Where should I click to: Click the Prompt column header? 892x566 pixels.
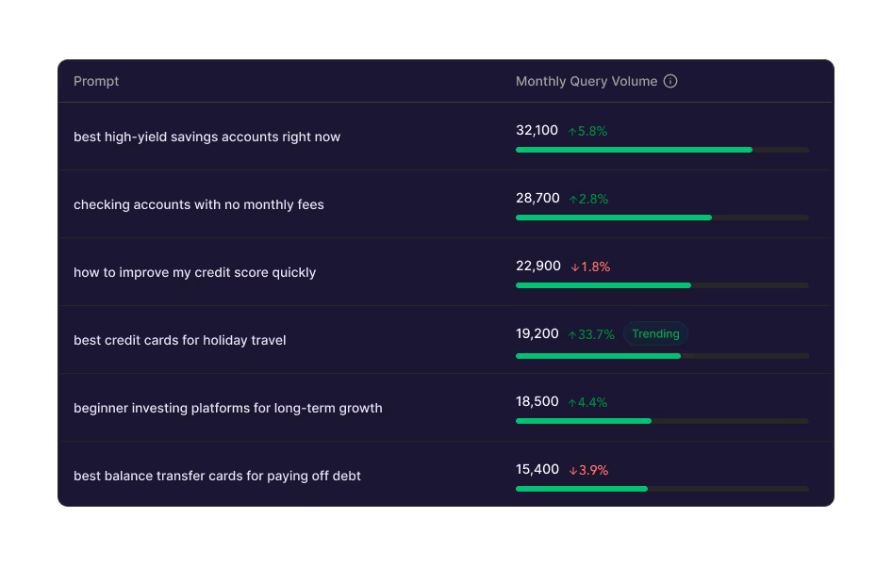(96, 81)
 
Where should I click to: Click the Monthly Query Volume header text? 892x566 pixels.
(586, 81)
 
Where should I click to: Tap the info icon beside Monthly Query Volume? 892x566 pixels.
(670, 81)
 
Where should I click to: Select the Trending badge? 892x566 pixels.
(655, 333)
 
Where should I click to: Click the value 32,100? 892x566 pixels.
(537, 131)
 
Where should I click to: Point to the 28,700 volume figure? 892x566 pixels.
(537, 199)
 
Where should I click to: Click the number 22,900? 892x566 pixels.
(537, 267)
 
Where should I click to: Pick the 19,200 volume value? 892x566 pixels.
(537, 334)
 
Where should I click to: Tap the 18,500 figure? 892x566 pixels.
(537, 402)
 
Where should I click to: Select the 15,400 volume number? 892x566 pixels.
(537, 470)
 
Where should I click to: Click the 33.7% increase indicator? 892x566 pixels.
(591, 334)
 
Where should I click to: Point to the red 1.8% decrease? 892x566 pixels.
(590, 267)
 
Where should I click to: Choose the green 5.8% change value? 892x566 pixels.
(587, 131)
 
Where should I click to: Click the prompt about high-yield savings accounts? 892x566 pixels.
(206, 137)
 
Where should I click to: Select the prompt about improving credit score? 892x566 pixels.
(194, 272)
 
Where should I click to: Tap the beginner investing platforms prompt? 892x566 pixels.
(227, 408)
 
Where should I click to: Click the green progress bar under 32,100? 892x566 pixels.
(634, 150)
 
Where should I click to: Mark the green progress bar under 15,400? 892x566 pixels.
(581, 489)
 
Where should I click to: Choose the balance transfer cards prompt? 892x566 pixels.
(217, 476)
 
